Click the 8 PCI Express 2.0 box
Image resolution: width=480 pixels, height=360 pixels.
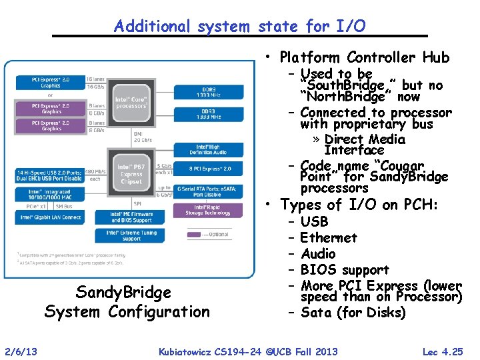pos(208,168)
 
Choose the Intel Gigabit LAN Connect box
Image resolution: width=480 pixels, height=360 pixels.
pos(51,217)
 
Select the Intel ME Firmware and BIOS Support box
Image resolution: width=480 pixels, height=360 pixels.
pos(131,217)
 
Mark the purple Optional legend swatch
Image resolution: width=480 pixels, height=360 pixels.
pos(195,234)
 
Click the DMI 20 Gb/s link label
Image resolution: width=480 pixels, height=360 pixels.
pos(143,137)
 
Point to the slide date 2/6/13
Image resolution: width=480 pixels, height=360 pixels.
pos(21,351)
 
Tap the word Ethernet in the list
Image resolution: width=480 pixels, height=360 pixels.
pos(329,238)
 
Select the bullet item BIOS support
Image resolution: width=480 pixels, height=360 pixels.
pos(345,270)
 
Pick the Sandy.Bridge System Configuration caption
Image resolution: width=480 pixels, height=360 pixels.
pos(127,301)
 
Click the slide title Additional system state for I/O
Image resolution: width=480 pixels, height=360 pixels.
pos(239,26)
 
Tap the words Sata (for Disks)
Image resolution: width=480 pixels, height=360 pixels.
pos(353,313)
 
